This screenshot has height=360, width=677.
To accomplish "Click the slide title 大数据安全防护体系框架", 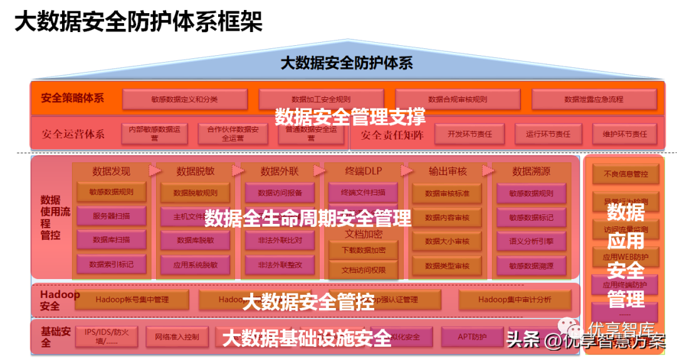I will pyautogui.click(x=138, y=22).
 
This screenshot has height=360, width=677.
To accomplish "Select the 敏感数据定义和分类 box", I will pyautogui.click(x=184, y=99).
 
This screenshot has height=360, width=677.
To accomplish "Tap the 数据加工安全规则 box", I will pyautogui.click(x=321, y=99).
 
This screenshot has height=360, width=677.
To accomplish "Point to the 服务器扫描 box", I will pyautogui.click(x=112, y=216).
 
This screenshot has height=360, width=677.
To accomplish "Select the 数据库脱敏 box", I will pyautogui.click(x=195, y=240).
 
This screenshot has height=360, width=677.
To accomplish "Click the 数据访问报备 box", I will pyautogui.click(x=280, y=193).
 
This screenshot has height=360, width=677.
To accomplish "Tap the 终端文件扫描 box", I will pyautogui.click(x=364, y=193).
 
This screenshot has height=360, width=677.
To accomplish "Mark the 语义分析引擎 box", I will pyautogui.click(x=531, y=240).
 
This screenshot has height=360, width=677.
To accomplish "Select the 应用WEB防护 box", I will pyautogui.click(x=626, y=257).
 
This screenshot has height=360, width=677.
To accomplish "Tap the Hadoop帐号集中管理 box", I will pyautogui.click(x=132, y=300).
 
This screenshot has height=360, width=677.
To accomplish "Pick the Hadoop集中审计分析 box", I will pyautogui.click(x=515, y=300).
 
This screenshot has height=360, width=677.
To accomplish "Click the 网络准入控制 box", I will pyautogui.click(x=177, y=337).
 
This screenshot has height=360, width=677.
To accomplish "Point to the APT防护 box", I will pyautogui.click(x=472, y=337).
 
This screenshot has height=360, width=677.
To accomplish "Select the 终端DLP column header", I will pyautogui.click(x=364, y=171).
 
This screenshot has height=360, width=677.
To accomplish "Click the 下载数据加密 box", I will pyautogui.click(x=364, y=250).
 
